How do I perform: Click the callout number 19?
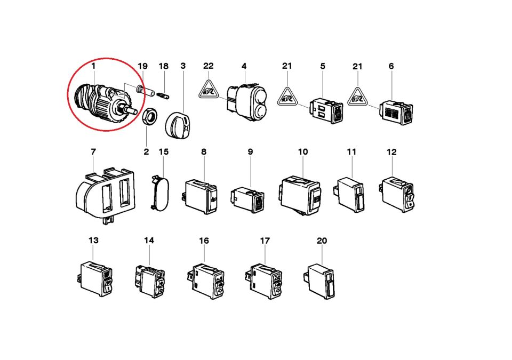(x=142, y=66)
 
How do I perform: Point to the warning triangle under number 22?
(x=208, y=90)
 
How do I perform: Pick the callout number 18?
(x=163, y=66)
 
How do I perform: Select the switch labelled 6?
(x=396, y=112)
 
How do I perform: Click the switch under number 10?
(x=300, y=195)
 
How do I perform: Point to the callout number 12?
(x=391, y=152)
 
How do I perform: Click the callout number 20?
(x=322, y=241)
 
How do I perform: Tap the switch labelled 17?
(x=263, y=281)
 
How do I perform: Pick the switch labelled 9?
(x=247, y=199)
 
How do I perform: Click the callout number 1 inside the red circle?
(x=93, y=66)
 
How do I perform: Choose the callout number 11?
(x=351, y=152)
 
